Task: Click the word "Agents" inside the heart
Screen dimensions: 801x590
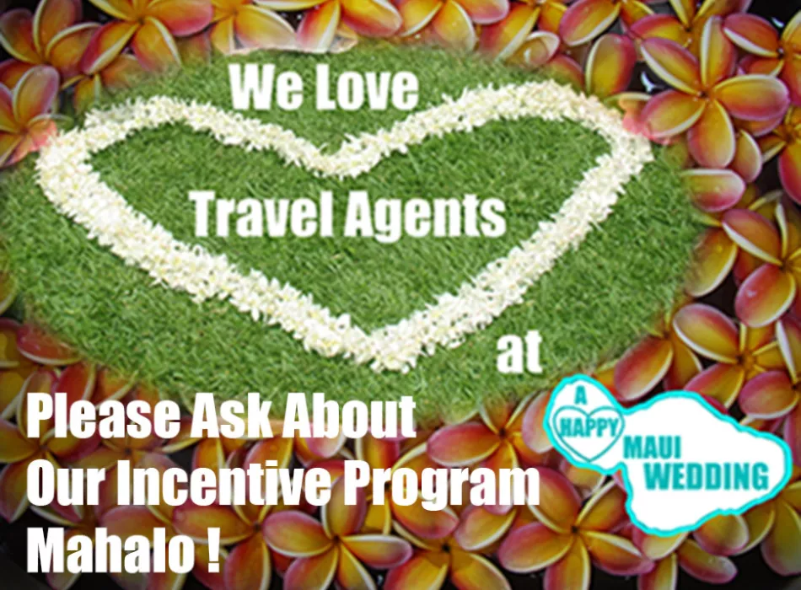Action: tap(425, 216)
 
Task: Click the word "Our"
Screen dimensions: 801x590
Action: tap(67, 483)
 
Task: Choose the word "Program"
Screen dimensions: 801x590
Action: tap(440, 486)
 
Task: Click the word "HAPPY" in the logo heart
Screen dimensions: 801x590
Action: tap(589, 426)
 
